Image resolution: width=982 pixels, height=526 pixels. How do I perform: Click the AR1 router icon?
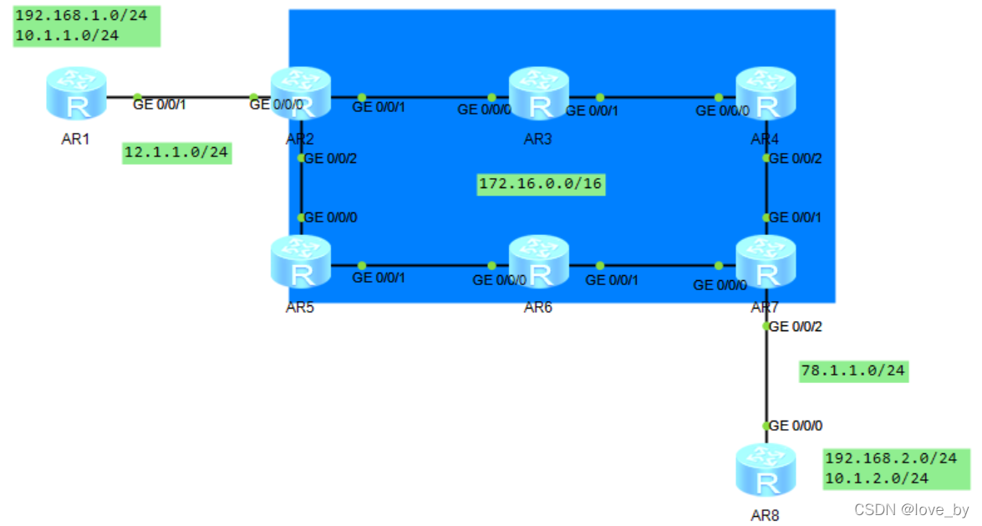[76, 95]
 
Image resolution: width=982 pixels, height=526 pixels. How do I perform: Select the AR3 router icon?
[538, 95]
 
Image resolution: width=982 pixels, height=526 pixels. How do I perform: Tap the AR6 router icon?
[538, 263]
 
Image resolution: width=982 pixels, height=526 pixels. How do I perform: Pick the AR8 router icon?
[766, 472]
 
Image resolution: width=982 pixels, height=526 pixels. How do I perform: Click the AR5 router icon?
[301, 263]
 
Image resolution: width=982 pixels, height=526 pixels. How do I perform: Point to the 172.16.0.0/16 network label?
[540, 184]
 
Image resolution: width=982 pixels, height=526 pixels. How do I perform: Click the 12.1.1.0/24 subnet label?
[176, 153]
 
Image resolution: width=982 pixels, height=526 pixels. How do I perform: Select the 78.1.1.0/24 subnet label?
[853, 371]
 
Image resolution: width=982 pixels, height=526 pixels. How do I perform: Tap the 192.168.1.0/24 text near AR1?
[67, 17]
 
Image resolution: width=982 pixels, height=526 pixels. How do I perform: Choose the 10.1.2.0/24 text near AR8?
[877, 478]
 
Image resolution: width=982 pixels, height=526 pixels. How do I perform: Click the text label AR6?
[538, 308]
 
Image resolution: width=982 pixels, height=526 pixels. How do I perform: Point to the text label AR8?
[765, 516]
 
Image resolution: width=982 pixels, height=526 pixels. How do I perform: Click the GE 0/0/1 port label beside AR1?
[160, 105]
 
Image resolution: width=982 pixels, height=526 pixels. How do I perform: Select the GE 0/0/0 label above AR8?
[796, 426]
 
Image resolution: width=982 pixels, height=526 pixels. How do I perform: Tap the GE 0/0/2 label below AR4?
[795, 158]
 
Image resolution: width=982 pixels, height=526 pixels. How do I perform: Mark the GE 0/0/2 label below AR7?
[795, 327]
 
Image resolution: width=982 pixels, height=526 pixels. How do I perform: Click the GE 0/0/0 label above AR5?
[330, 217]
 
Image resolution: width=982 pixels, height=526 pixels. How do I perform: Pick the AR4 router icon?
[766, 95]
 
